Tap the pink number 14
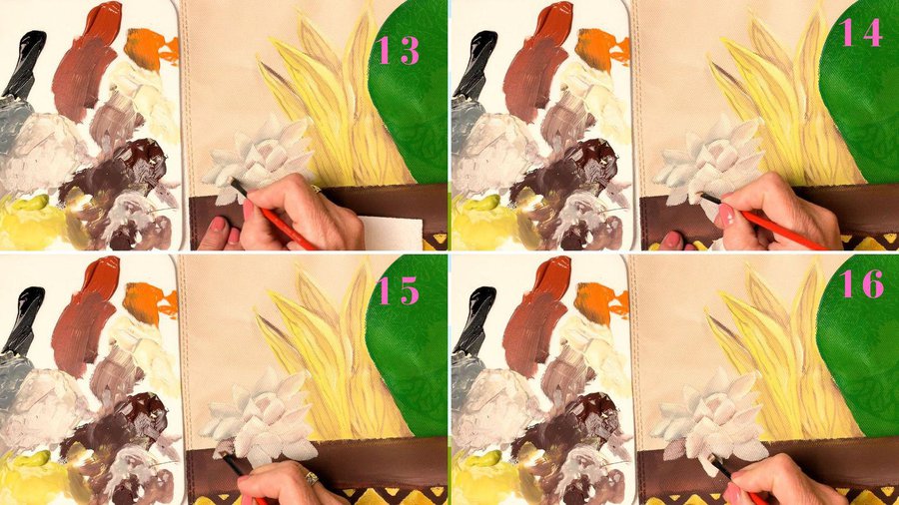861,33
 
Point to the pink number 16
862,283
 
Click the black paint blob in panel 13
25,62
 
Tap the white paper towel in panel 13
392,233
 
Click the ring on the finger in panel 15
311,477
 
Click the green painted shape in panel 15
409,343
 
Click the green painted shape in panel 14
860,92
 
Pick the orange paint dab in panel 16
600,302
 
